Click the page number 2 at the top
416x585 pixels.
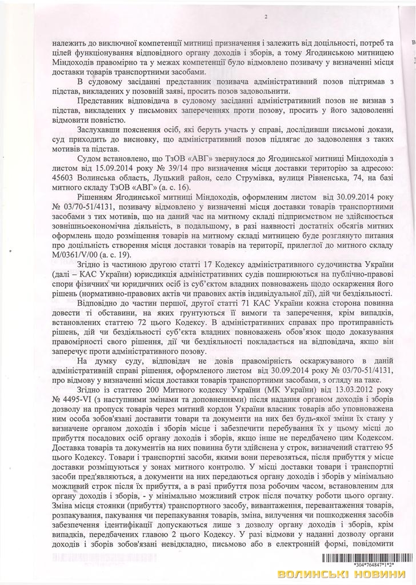pyautogui.click(x=266, y=18)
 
